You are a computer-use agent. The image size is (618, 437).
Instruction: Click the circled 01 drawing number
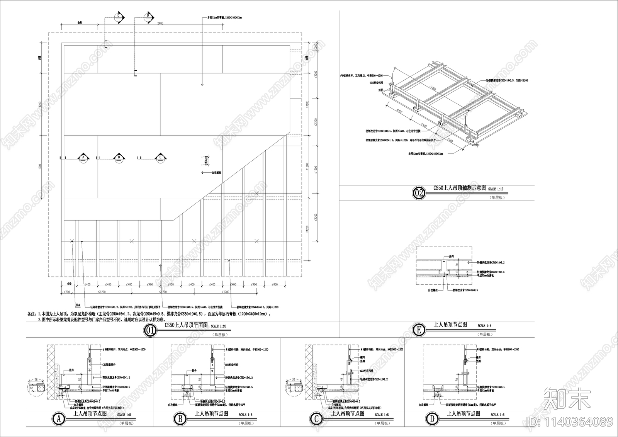[x=150, y=330]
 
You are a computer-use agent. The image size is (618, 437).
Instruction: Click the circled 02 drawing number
[x=419, y=193]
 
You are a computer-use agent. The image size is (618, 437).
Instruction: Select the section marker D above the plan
[x=148, y=17]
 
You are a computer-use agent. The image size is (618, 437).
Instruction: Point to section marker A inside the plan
[x=83, y=158]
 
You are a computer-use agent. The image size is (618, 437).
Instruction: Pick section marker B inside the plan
[x=119, y=158]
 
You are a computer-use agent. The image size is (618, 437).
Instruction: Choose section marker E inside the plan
[x=160, y=158]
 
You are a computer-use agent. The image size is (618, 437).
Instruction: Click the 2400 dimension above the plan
[x=160, y=24]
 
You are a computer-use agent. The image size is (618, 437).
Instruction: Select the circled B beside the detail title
[x=180, y=419]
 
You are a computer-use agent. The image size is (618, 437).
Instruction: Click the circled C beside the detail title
[x=316, y=419]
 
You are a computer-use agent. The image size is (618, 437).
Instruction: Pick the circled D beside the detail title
[x=432, y=419]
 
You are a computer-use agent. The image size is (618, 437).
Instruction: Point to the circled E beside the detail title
[x=419, y=330]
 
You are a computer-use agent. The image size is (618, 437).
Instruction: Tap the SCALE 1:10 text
[x=496, y=189]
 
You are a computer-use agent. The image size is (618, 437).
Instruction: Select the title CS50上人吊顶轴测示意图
[x=459, y=188]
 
